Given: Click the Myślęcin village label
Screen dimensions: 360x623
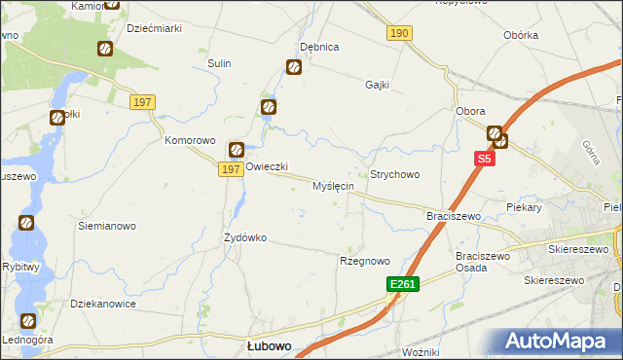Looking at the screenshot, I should pyautogui.click(x=333, y=186).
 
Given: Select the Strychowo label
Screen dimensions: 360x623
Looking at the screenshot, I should pyautogui.click(x=394, y=174).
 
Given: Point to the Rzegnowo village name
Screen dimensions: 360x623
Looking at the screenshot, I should pyautogui.click(x=364, y=261).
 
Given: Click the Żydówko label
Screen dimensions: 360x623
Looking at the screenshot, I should pyautogui.click(x=245, y=237).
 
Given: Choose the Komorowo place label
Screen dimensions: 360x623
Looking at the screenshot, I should pyautogui.click(x=189, y=140).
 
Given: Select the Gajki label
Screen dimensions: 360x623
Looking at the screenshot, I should pyautogui.click(x=377, y=85).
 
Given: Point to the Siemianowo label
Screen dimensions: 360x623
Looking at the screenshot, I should pyautogui.click(x=106, y=225).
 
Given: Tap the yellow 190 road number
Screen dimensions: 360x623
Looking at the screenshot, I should pyautogui.click(x=399, y=33).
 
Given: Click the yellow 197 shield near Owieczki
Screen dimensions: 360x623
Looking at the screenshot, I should pyautogui.click(x=230, y=169).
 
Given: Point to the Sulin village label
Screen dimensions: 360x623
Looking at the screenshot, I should pyautogui.click(x=218, y=63).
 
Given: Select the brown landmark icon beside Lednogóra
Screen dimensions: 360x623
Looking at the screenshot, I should pyautogui.click(x=27, y=320).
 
